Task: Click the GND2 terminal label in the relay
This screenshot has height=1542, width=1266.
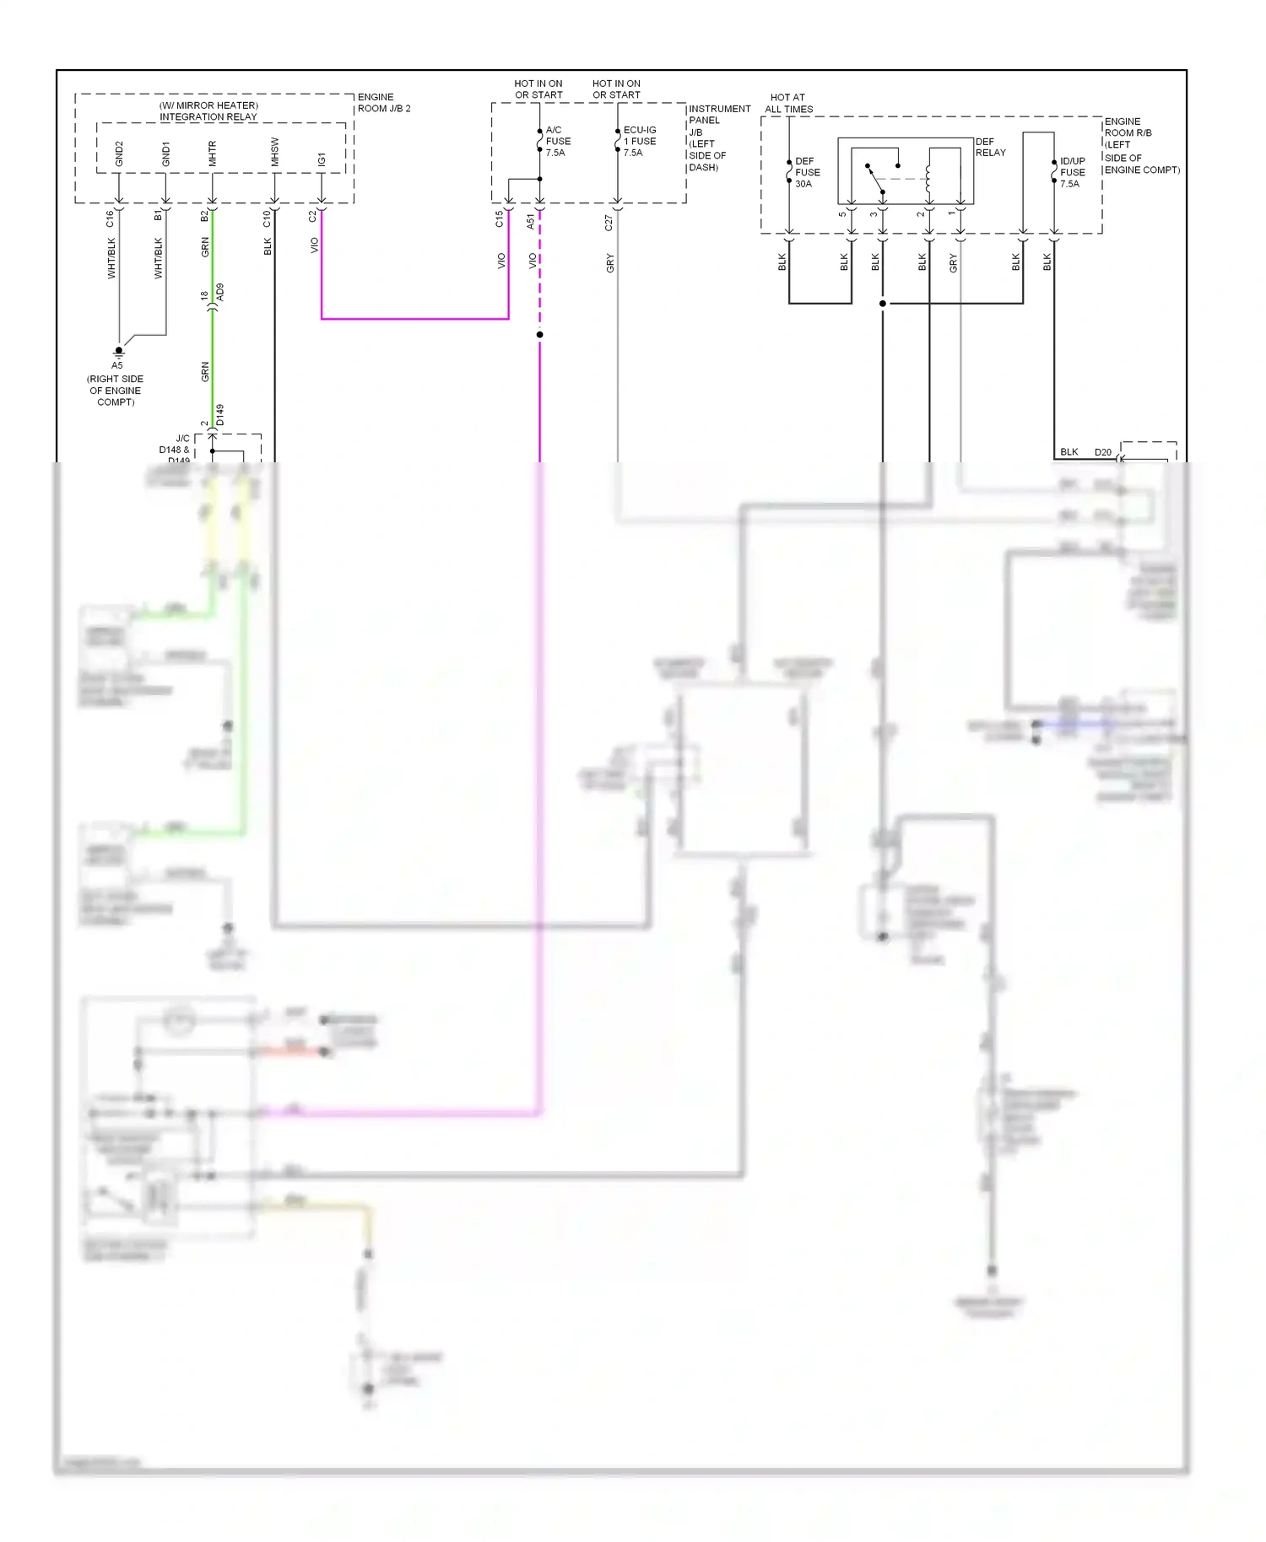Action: click(119, 154)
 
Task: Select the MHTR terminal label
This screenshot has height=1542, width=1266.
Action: click(212, 153)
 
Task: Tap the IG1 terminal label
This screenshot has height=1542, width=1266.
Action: click(322, 159)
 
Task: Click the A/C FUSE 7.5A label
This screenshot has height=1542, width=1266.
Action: click(558, 141)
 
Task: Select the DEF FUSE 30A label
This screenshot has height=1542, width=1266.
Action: click(807, 172)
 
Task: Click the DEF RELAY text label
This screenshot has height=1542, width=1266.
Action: click(990, 147)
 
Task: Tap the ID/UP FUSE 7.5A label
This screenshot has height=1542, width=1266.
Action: click(1072, 172)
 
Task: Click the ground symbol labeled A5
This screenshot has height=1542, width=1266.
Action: click(119, 352)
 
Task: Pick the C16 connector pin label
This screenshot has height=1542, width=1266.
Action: click(110, 218)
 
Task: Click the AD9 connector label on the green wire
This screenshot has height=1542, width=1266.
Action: click(220, 293)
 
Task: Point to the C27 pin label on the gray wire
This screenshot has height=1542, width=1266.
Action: click(609, 223)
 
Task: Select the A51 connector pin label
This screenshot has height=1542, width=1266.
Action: click(530, 221)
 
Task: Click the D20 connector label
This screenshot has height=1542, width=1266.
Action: click(1102, 452)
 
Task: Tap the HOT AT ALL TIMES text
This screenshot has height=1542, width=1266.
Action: click(788, 103)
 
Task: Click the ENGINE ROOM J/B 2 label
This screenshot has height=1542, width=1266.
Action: click(383, 102)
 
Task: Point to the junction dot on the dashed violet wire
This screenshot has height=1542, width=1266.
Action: click(539, 335)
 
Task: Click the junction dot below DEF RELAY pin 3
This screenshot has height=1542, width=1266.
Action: click(883, 303)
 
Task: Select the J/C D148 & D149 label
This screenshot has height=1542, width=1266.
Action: click(175, 449)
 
